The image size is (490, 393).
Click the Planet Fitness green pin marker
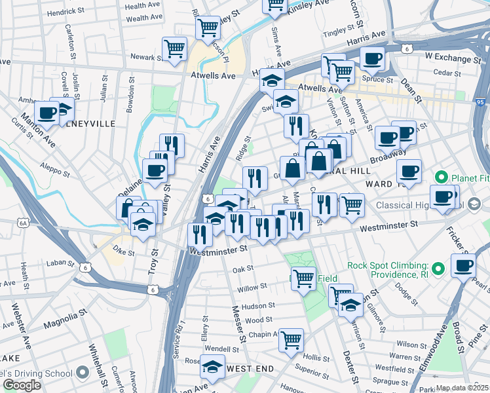click(x=442, y=178)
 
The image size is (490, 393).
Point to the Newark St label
click(x=145, y=57)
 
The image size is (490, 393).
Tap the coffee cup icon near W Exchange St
click(x=372, y=58)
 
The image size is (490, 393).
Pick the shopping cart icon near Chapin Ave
click(x=291, y=340)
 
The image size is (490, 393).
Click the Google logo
click(x=22, y=385)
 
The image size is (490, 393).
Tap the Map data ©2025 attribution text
click(x=462, y=388)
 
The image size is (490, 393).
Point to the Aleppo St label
click(x=54, y=170)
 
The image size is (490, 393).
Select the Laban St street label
click(x=62, y=263)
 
